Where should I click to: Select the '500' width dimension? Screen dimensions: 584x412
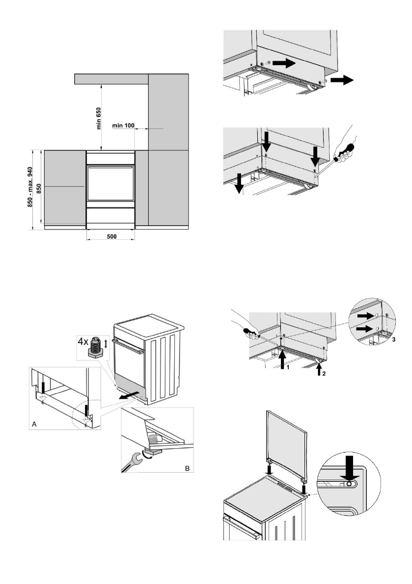point(111,236)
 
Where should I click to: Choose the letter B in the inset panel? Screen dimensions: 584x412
point(187,468)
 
